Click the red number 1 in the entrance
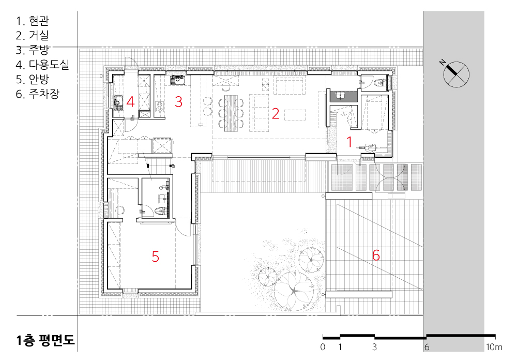point(349,142)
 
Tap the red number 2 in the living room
point(276,114)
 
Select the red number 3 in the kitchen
point(178,102)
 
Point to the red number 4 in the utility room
point(131,102)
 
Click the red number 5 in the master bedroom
point(155,257)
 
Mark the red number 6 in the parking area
point(376,255)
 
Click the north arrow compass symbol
point(455,73)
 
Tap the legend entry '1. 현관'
point(33,21)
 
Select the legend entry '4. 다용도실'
point(42,64)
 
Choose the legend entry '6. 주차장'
point(38,94)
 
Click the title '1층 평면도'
point(46,340)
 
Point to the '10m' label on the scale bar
point(494,347)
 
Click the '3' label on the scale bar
point(374,347)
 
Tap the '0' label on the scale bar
point(323,347)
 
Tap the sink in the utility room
point(118,102)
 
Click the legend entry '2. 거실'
point(32,35)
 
